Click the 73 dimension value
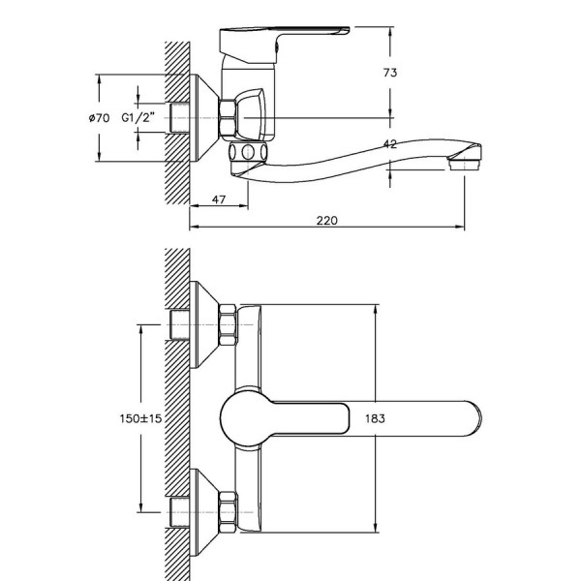pos(390,73)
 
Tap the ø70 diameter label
pos(100,118)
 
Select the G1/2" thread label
pos(138,118)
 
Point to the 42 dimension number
pos(390,143)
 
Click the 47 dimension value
pos(219,199)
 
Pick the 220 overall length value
pos(327,221)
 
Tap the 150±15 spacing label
pos(140,418)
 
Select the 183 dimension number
pos(376,418)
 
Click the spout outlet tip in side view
pos(464,163)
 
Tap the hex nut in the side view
pos(228,118)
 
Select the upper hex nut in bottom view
pos(228,324)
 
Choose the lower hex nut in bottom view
pos(228,513)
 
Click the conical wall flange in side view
pos(203,118)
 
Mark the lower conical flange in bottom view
pos(203,513)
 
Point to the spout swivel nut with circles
pos(248,152)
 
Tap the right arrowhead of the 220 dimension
pos(460,227)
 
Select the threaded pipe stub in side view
pos(179,118)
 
